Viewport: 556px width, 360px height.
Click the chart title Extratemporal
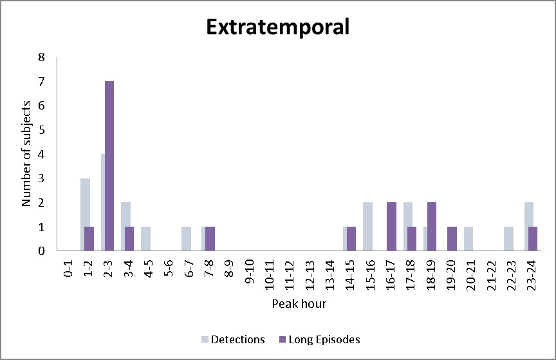tap(277, 28)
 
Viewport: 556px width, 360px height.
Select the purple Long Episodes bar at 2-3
tap(109, 166)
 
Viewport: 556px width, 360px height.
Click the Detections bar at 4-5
tap(145, 238)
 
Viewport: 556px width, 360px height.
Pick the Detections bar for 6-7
tap(185, 238)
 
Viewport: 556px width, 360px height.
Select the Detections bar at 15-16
tap(367, 227)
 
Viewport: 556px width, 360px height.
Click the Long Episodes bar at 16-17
tap(391, 227)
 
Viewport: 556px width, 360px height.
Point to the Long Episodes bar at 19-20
tap(452, 238)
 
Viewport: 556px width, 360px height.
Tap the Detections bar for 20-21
tap(468, 238)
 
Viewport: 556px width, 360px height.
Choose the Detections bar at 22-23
tap(508, 238)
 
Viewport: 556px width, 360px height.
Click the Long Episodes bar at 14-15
tap(351, 238)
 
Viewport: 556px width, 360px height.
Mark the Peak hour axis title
tap(299, 303)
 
